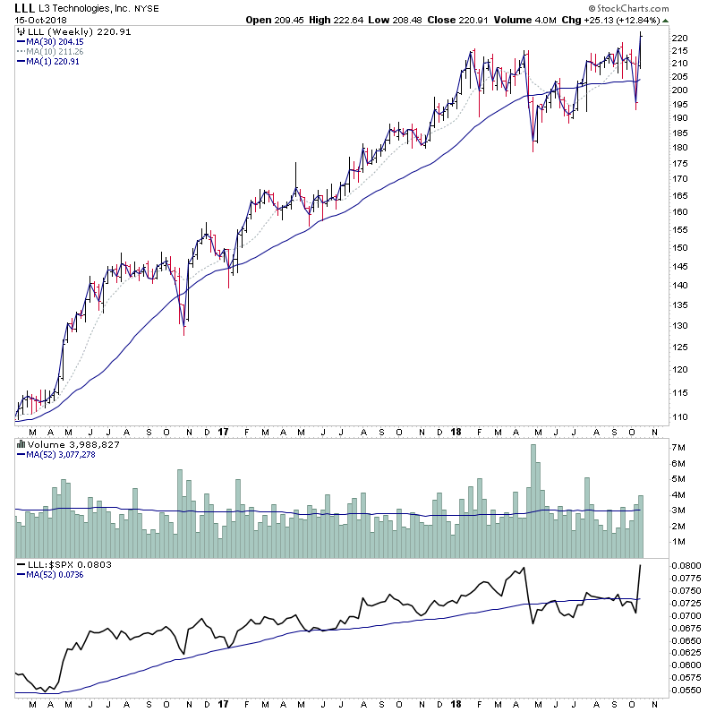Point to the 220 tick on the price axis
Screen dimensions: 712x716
[x=679, y=39]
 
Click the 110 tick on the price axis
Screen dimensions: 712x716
[x=679, y=417]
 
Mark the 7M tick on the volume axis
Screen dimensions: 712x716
[x=678, y=446]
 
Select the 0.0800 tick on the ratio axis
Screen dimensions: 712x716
[x=685, y=567]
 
